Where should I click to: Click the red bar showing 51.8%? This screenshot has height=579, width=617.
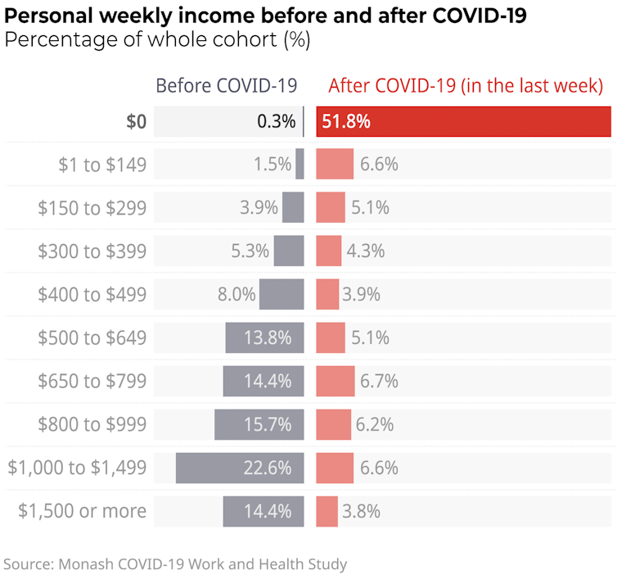(x=463, y=122)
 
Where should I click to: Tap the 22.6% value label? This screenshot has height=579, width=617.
(x=268, y=468)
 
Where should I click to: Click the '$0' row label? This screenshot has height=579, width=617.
(x=137, y=122)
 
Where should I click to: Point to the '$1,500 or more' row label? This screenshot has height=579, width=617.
(x=83, y=511)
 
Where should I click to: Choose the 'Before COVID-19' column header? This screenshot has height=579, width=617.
(x=227, y=86)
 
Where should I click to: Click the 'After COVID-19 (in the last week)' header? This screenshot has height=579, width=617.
(x=466, y=86)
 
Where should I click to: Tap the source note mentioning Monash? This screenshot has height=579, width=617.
(x=176, y=563)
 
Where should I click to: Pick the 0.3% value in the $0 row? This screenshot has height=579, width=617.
(x=276, y=122)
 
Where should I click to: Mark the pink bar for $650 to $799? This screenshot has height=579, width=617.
(x=336, y=381)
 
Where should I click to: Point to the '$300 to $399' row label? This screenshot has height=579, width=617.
(x=92, y=251)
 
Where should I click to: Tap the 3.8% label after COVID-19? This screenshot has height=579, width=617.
(x=361, y=511)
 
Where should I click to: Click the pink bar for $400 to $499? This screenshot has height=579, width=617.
(x=327, y=294)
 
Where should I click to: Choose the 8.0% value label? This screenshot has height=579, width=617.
(x=236, y=294)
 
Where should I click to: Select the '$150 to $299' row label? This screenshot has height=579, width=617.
(x=92, y=208)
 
